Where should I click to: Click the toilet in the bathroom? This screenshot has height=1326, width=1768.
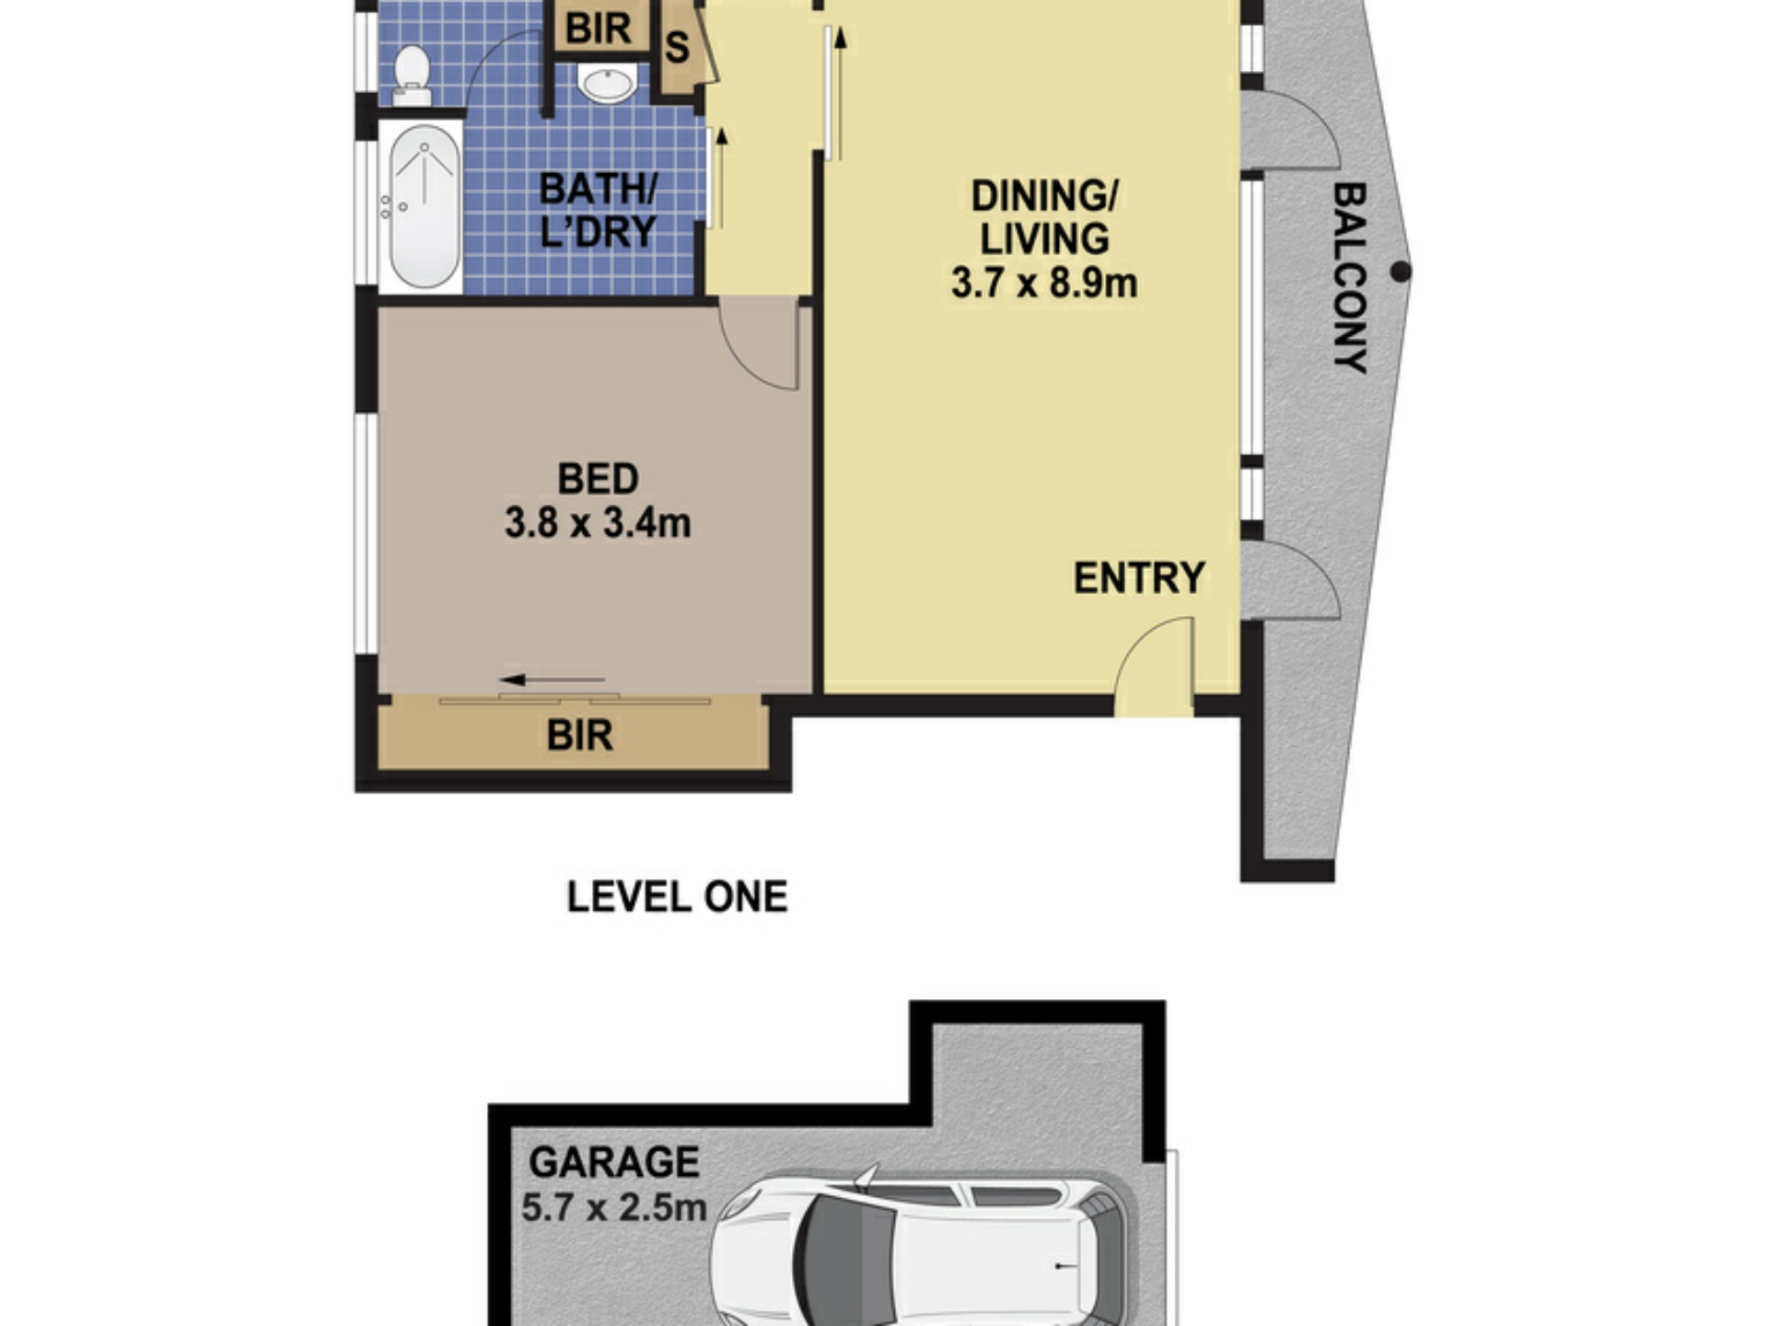pos(411,76)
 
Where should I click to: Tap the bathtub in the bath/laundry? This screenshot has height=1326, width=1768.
pos(424,207)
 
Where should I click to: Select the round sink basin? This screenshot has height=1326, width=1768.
pos(607,84)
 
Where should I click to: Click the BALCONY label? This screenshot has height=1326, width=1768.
pos(1350,277)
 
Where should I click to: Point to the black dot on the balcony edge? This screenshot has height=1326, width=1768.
pos(1401,272)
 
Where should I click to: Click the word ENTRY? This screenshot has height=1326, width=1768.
pos(1139,578)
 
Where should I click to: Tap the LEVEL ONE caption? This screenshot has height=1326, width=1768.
pos(677,897)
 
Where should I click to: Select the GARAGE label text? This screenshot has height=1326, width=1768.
pos(614,1162)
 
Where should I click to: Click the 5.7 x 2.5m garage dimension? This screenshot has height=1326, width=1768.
pos(614,1206)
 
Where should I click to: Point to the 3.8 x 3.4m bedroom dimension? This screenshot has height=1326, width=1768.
pos(598,523)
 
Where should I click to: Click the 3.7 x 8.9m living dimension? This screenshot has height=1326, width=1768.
pos(1044,283)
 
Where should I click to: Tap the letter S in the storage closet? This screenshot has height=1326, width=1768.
pos(677,48)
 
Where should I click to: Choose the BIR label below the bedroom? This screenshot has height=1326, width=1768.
pos(579,736)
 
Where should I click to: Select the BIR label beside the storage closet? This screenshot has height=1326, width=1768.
pos(598,29)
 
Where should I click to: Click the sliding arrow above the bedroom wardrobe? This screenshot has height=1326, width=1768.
pos(552,680)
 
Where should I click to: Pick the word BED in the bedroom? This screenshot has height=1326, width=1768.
pos(598,480)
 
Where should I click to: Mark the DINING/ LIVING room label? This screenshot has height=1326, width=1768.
pos(1044,217)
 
